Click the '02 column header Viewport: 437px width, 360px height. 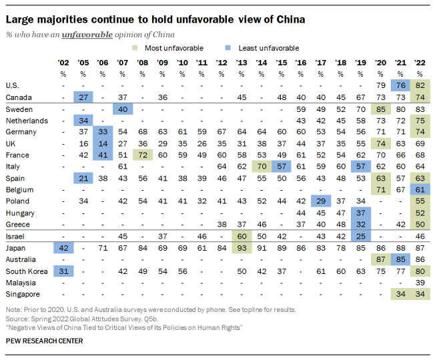[64, 62]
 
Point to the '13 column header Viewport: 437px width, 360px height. [241, 62]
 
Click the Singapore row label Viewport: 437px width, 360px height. [22, 294]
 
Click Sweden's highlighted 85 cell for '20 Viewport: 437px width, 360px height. [381, 109]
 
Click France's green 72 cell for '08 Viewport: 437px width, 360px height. [142, 155]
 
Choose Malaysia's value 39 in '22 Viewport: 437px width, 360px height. [420, 282]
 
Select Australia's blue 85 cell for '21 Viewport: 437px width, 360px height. [400, 259]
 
